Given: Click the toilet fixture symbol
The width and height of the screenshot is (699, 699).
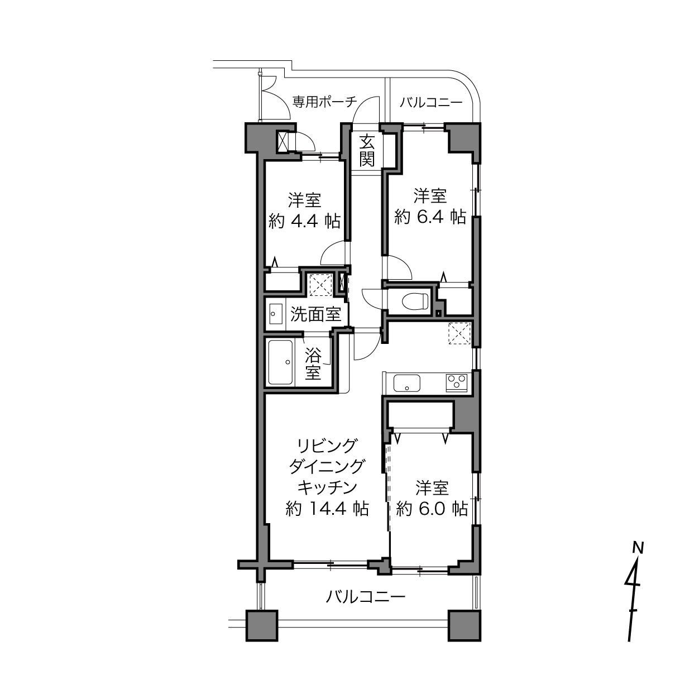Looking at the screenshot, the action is click(x=415, y=301).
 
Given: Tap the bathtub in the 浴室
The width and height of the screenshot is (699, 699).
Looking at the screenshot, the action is click(x=280, y=362).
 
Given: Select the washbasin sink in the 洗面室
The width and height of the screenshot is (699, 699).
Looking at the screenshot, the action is click(x=276, y=314).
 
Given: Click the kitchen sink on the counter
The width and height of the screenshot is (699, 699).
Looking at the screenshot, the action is click(x=407, y=384).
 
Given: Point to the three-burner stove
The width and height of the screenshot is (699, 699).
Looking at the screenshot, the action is click(x=457, y=382).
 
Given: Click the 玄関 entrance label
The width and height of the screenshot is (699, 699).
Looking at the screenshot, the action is click(x=367, y=150).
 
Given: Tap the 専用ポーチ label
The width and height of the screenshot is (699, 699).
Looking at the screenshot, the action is click(x=324, y=102).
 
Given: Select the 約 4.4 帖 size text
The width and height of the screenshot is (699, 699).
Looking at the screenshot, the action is click(x=304, y=221).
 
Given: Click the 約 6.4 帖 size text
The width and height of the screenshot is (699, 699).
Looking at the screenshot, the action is click(x=430, y=217).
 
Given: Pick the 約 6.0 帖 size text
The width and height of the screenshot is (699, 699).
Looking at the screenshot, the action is click(x=432, y=509).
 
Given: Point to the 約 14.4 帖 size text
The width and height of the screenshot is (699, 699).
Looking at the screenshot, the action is click(x=328, y=509).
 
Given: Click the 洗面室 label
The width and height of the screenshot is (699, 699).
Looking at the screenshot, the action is click(x=315, y=314).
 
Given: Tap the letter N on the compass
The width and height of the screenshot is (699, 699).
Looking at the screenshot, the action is click(x=638, y=548).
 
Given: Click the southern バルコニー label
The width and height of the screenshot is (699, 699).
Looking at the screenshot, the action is click(x=365, y=597).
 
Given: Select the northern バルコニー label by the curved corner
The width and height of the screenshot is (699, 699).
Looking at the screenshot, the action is click(x=432, y=103).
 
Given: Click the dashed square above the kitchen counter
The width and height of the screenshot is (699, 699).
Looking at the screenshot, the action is click(x=459, y=333).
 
